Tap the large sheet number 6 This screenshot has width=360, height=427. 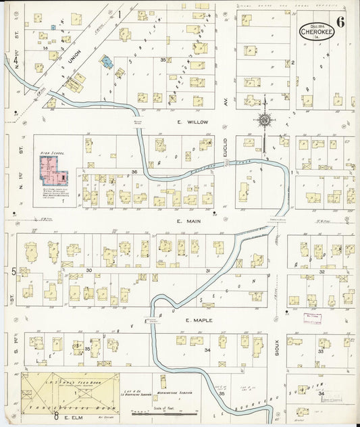click(x=340, y=22)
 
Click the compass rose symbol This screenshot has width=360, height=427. click(x=264, y=120)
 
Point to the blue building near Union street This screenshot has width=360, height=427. click(x=106, y=62)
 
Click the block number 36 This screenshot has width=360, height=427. click(x=134, y=172)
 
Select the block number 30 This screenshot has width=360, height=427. click(x=88, y=270)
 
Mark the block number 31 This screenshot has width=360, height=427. click(x=208, y=270)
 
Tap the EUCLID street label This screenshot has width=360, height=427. click(x=226, y=151)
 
